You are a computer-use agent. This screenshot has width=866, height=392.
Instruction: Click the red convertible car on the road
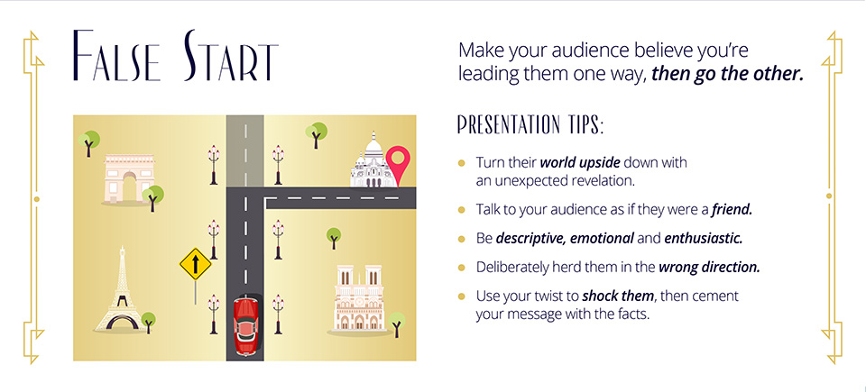click(x=244, y=326)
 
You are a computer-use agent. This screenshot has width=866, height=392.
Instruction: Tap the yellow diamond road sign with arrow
click(x=196, y=263)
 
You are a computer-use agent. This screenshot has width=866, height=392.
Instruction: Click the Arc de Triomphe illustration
click(x=129, y=179)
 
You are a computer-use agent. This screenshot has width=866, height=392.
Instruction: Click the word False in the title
click(x=117, y=58)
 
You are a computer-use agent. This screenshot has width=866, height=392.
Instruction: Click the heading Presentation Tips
click(x=530, y=124)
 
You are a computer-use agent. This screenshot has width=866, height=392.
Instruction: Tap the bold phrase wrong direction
click(x=709, y=268)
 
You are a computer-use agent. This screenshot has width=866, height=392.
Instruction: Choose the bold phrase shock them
click(x=618, y=296)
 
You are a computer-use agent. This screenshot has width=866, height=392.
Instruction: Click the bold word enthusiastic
click(x=703, y=239)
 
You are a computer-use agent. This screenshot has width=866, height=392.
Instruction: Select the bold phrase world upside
click(x=580, y=163)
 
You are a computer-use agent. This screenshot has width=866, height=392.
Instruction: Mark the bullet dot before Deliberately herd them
click(x=462, y=268)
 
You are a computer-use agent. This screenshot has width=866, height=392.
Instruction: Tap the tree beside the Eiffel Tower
click(x=147, y=322)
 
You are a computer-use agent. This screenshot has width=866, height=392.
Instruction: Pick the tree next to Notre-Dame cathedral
click(x=396, y=324)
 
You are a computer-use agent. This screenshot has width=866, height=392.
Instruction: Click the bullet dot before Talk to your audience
click(x=462, y=210)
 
